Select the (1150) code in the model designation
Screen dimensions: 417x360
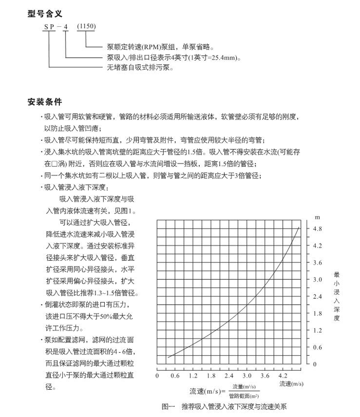click(x=86, y=26)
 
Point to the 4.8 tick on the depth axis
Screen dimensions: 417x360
click(x=318, y=229)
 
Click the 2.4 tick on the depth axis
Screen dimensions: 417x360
click(x=318, y=296)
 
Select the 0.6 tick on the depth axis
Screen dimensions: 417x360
click(x=318, y=347)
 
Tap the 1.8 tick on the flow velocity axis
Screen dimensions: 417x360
click(x=211, y=376)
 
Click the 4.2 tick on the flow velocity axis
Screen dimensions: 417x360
click(x=283, y=376)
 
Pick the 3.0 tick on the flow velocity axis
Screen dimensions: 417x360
click(x=247, y=376)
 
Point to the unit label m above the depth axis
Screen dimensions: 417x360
click(x=317, y=216)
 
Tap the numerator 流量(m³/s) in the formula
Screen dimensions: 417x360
click(x=244, y=387)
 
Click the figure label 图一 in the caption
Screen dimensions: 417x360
click(x=167, y=407)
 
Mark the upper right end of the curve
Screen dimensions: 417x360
click(x=299, y=227)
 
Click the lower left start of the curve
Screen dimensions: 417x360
click(x=168, y=357)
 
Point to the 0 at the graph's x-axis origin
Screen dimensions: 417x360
click(x=157, y=376)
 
